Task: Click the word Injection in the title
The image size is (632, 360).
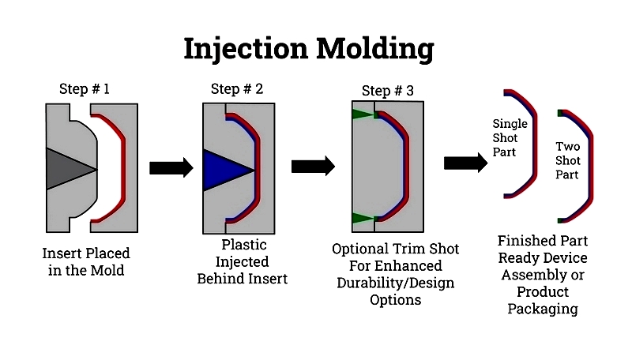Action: (246, 49)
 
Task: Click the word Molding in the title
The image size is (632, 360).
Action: (374, 49)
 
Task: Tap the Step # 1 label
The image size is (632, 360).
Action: (85, 88)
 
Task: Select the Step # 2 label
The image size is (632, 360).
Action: (236, 88)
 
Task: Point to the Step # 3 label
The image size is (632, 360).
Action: (387, 91)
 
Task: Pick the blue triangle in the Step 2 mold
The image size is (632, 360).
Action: (224, 171)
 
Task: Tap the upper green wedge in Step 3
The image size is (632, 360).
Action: (363, 114)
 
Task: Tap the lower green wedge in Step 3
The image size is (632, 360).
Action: (363, 219)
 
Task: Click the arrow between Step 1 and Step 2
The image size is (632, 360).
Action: (171, 167)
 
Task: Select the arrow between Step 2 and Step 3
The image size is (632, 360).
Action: (313, 166)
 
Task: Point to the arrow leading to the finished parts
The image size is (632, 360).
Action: (466, 163)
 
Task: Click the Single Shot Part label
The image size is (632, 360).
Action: (510, 137)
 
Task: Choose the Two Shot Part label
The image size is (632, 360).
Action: (567, 160)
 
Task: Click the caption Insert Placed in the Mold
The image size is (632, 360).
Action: (86, 262)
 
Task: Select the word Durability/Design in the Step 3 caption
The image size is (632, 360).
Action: (396, 283)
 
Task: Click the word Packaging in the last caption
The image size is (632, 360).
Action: (543, 309)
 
